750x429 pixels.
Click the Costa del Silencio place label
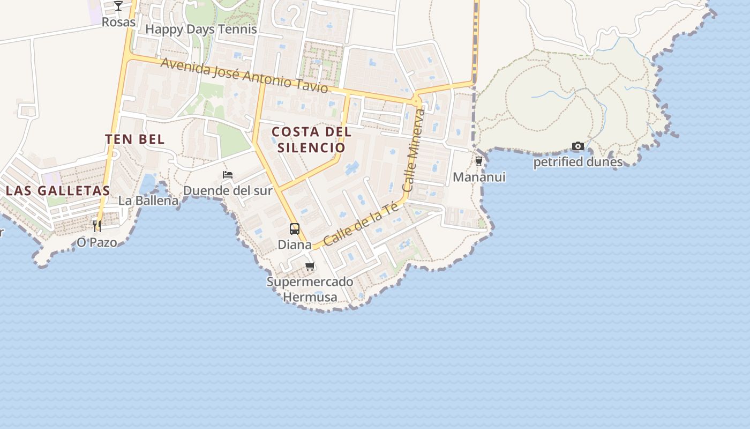point(311,139)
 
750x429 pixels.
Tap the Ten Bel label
point(134,139)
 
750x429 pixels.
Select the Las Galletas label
point(58,190)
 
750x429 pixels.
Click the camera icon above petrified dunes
point(577,146)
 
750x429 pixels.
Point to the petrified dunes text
point(577,162)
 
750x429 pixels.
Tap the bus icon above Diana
point(295,229)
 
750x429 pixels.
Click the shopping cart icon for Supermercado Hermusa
point(310,266)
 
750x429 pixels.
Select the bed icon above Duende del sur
point(228,175)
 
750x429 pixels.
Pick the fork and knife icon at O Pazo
point(97,226)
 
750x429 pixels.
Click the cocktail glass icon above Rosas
point(118,6)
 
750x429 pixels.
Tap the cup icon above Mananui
point(479,161)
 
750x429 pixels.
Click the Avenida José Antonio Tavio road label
point(244,75)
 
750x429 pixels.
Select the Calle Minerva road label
point(413,151)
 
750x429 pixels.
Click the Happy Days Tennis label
point(201,29)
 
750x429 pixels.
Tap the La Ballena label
point(148,201)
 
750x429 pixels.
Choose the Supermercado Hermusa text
point(310,290)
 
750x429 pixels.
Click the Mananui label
point(479,177)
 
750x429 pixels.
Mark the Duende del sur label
point(228,190)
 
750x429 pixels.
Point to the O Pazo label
point(97,242)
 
